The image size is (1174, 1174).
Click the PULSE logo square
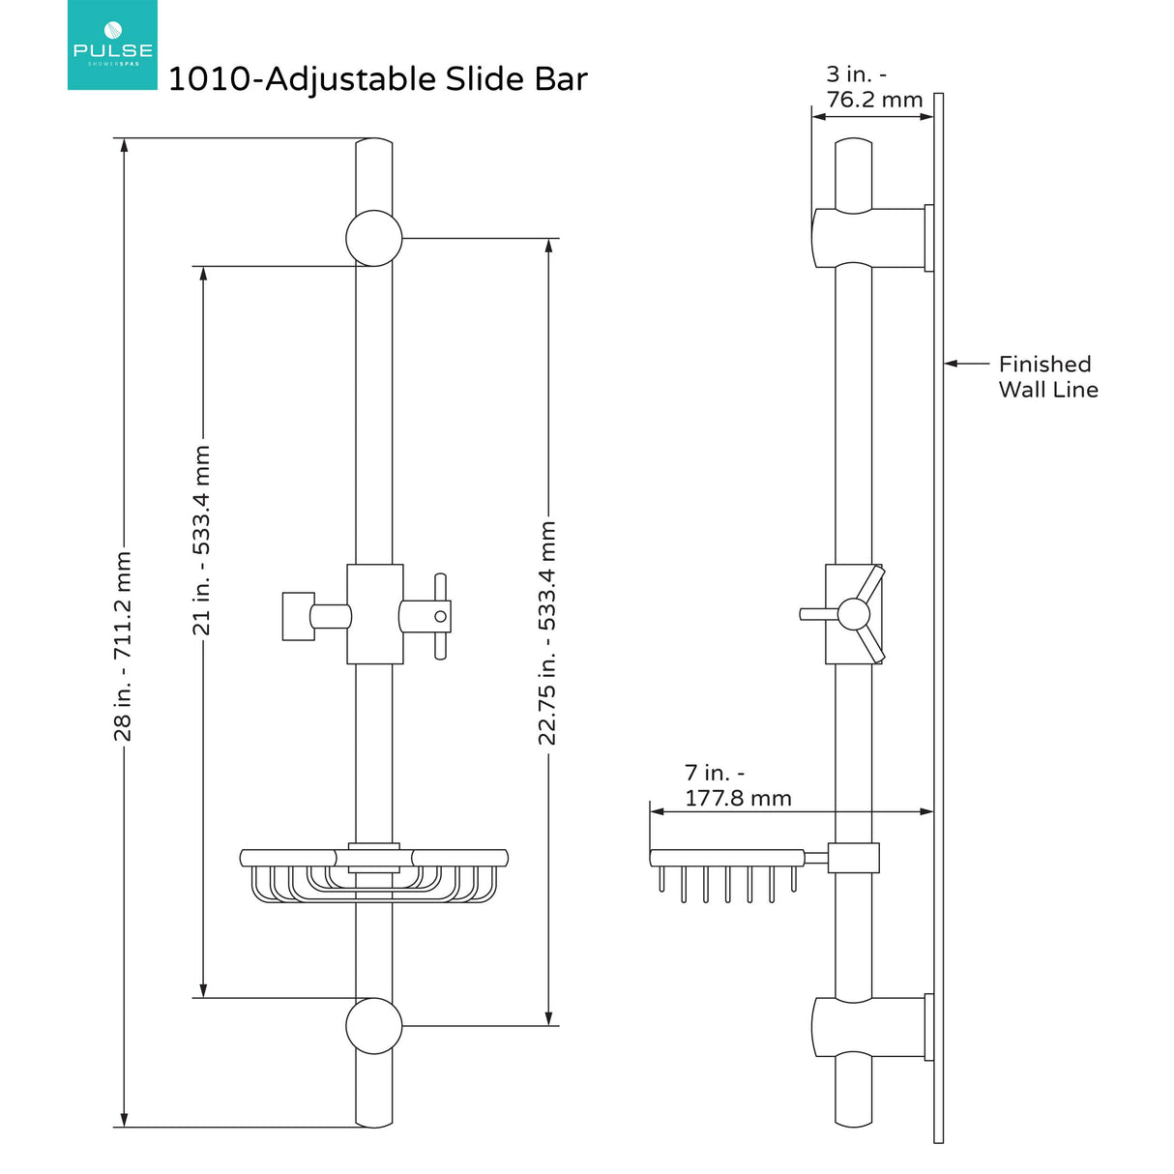(112, 45)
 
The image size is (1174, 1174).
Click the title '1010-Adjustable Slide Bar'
(377, 79)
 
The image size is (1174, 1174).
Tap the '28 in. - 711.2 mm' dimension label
(123, 646)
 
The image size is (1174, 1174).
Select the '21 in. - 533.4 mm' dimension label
(201, 540)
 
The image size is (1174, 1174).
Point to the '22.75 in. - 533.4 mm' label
(547, 632)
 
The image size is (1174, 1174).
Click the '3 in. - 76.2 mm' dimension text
(873, 87)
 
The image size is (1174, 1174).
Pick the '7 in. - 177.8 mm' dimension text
(737, 785)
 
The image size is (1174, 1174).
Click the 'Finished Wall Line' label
(1047, 377)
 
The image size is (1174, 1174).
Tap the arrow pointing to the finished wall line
(963, 365)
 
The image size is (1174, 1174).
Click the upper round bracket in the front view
(374, 238)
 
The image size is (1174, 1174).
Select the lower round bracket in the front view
(374, 1026)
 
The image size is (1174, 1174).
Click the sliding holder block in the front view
(374, 614)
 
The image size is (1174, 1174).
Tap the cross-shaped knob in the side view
(854, 614)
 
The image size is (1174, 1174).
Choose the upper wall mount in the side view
(870, 238)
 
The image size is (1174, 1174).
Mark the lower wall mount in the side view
(870, 1026)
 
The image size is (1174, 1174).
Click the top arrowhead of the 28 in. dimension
(123, 146)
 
